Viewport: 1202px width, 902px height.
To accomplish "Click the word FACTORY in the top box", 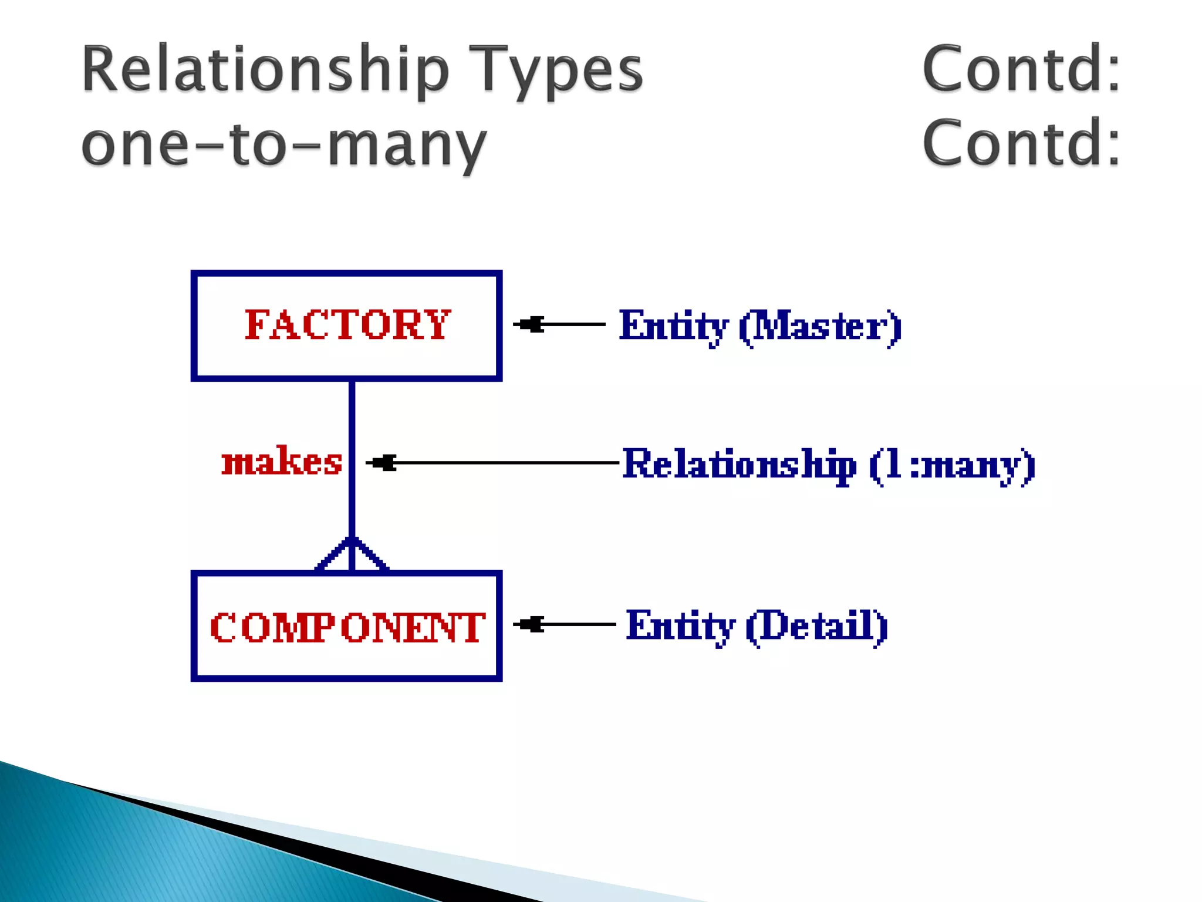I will (347, 325).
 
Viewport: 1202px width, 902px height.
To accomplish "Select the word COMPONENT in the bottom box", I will (347, 627).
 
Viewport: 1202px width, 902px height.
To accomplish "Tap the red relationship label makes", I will (282, 462).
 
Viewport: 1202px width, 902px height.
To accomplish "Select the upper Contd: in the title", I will (1021, 69).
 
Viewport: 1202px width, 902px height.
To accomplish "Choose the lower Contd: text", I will (1021, 143).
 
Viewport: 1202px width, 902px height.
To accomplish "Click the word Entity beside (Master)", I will (674, 327).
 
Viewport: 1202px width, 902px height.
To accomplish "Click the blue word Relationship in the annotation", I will (739, 465).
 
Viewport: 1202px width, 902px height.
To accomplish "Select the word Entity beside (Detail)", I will (680, 626).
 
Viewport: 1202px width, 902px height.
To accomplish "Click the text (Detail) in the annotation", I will (816, 626).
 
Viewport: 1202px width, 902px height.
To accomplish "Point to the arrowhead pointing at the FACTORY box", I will (530, 324).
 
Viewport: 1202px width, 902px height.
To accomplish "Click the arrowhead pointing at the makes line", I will (383, 463).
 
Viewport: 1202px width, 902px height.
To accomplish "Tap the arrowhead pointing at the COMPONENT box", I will (530, 624).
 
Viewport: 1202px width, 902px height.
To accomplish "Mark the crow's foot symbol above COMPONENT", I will (352, 554).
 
